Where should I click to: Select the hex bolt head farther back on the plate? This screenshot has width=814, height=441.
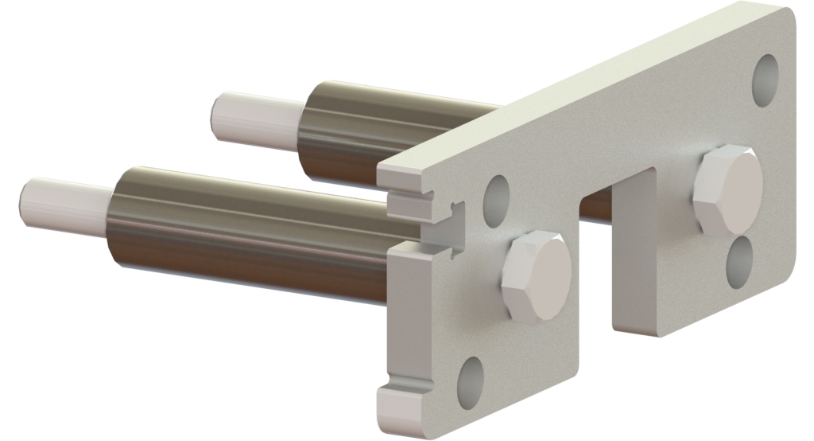pos(729,190)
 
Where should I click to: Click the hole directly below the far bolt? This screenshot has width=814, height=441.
pos(741,260)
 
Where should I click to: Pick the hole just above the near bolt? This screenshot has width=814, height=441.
pos(497,193)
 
